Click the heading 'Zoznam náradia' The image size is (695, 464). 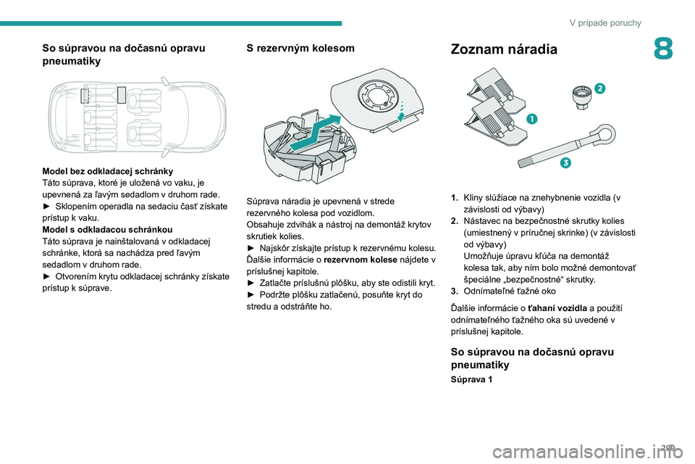[504, 49]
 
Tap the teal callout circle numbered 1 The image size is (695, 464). [532, 119]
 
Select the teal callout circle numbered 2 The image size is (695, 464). [599, 88]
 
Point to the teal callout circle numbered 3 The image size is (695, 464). [565, 162]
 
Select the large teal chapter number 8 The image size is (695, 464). [663, 49]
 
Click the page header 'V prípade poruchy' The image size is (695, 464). [605, 22]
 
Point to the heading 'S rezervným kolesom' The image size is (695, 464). [300, 48]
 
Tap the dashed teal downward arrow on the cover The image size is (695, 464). [401, 110]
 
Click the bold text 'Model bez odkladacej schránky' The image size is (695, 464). [108, 171]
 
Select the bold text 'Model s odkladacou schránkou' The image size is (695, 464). [107, 230]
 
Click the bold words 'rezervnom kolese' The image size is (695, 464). [361, 260]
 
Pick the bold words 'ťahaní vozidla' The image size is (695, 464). [557, 308]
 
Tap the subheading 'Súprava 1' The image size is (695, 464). [471, 380]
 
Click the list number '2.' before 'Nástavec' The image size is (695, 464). [455, 221]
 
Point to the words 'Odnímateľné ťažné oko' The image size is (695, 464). [510, 291]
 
